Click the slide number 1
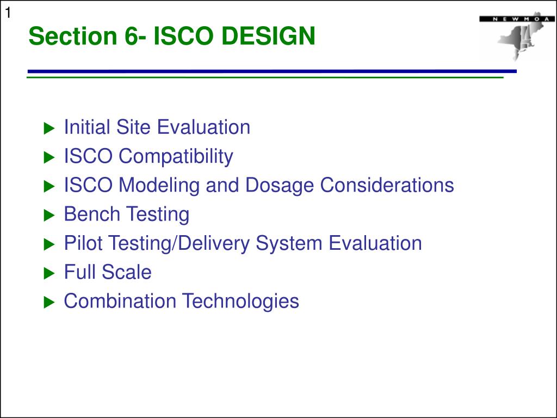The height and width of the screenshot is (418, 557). tap(8, 13)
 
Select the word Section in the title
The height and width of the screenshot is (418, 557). tap(73, 36)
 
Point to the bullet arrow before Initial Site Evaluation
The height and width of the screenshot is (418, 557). tap(49, 128)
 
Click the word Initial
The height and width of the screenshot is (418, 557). tap(87, 127)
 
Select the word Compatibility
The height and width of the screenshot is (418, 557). tap(176, 157)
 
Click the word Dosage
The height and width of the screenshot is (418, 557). tap(279, 186)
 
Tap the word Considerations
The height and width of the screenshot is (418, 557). tap(387, 185)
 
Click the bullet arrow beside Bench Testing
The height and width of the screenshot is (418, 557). tap(49, 215)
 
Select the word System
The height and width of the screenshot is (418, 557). tap(289, 244)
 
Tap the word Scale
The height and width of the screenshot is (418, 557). tap(126, 272)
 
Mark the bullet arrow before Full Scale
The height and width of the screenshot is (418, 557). tap(49, 273)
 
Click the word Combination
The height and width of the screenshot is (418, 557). tap(120, 301)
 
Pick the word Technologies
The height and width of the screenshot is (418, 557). tap(240, 302)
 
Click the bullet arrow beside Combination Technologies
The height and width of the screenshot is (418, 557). tap(49, 303)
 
